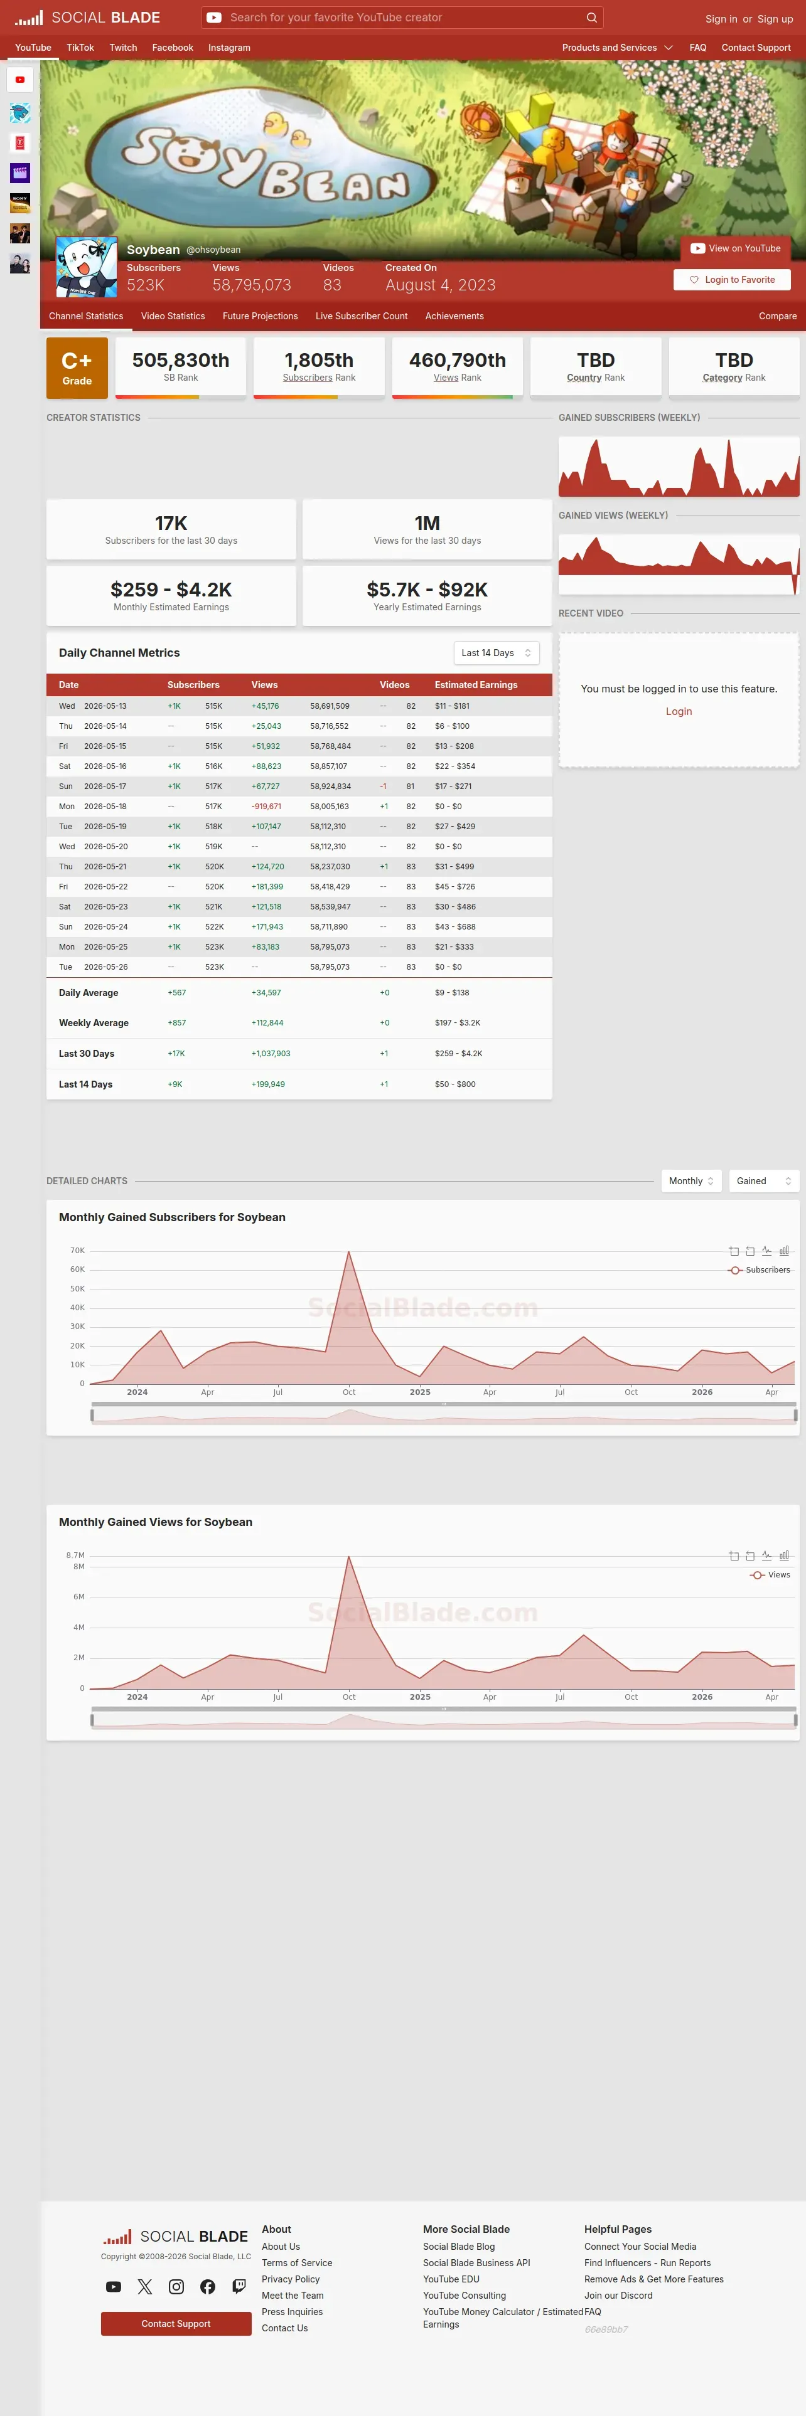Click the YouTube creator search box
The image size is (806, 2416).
click(402, 18)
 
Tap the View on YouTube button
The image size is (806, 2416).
click(736, 248)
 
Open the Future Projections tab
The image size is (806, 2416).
click(260, 316)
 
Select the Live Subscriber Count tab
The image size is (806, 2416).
click(361, 316)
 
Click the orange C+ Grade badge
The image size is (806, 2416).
click(77, 368)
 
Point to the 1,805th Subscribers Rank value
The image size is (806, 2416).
click(319, 360)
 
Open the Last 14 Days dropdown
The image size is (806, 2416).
click(497, 653)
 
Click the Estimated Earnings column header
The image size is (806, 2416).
click(476, 685)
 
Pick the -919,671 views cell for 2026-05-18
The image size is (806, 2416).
click(267, 807)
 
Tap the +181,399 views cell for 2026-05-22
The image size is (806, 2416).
click(267, 886)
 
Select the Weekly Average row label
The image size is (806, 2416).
click(94, 1023)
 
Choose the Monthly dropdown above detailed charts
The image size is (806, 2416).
click(692, 1181)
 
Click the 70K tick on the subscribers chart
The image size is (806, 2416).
click(77, 1250)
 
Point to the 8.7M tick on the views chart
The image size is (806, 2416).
click(75, 1555)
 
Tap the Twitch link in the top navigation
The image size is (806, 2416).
click(123, 48)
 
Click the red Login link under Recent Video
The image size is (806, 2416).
click(679, 712)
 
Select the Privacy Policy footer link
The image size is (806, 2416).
click(291, 2279)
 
